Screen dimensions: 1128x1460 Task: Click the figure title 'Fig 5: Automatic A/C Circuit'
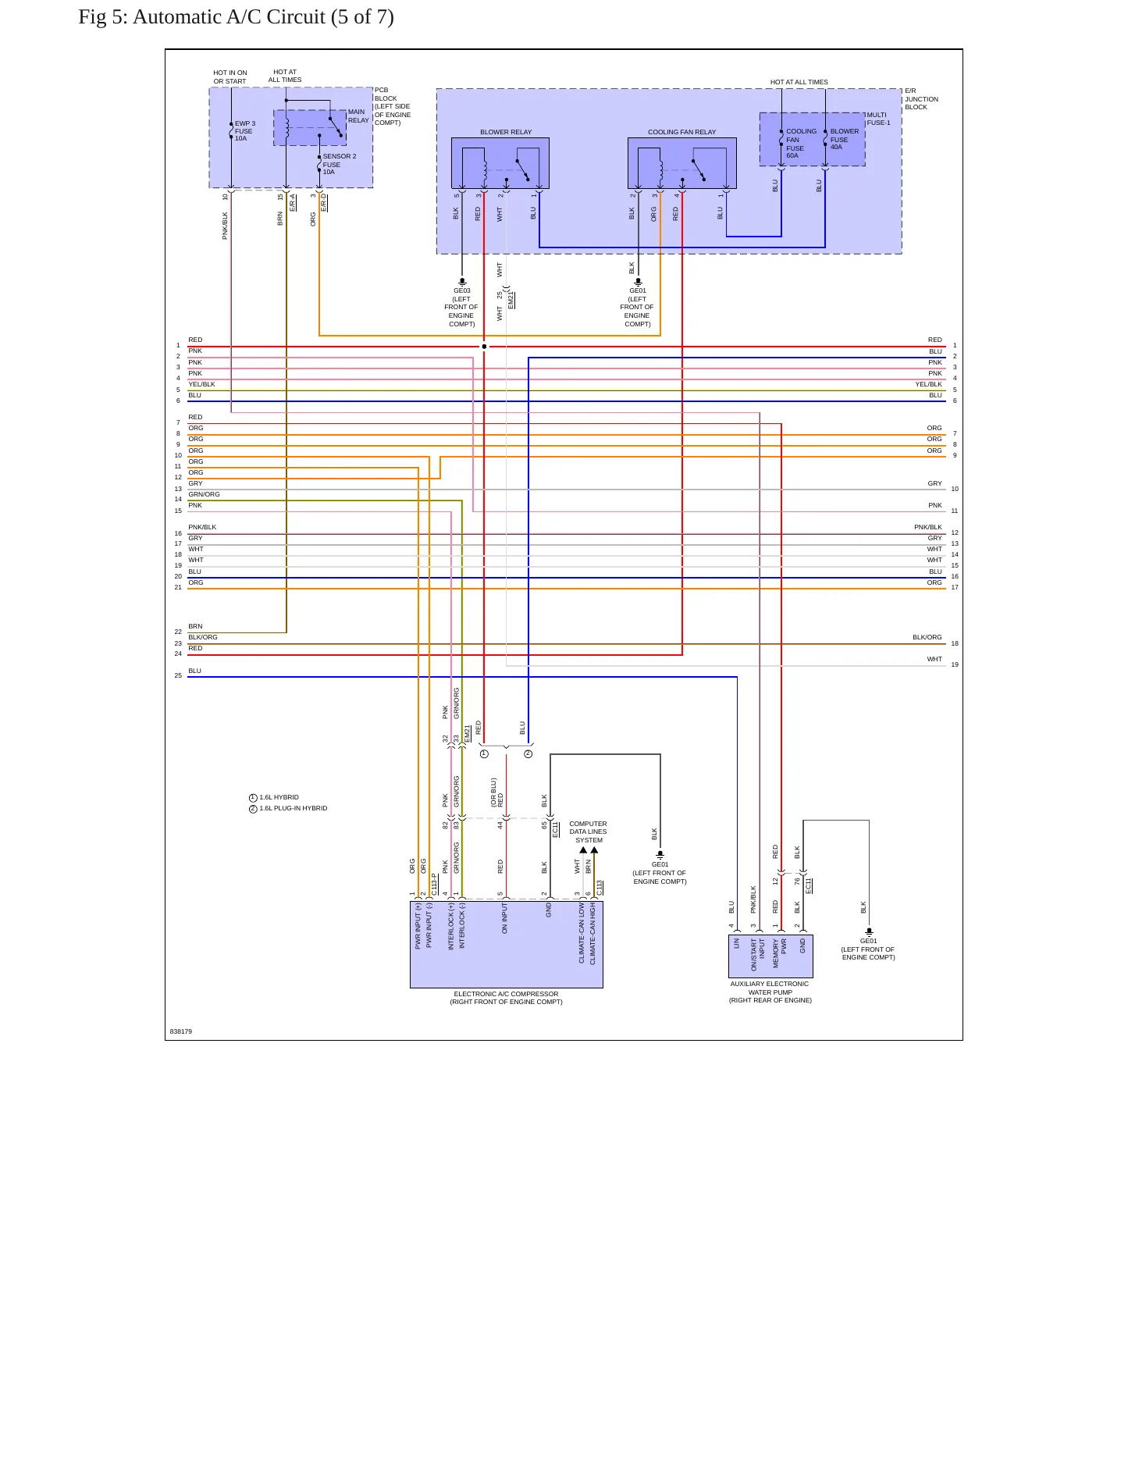(x=201, y=17)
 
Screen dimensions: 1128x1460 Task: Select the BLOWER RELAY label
(x=506, y=132)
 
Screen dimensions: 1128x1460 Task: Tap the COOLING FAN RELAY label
(x=681, y=132)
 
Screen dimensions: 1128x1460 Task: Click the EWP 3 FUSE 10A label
(x=245, y=131)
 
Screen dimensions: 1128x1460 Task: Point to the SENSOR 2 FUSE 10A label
(x=340, y=164)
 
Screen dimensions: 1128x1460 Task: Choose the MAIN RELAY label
(x=358, y=116)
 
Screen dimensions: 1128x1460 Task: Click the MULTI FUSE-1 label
(x=878, y=119)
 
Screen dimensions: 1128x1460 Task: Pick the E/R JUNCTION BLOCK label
(x=921, y=99)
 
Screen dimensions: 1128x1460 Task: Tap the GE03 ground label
(x=461, y=307)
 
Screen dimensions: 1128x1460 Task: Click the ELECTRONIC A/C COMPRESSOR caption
(x=506, y=998)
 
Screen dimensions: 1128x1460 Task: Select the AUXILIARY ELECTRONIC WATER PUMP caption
(x=770, y=992)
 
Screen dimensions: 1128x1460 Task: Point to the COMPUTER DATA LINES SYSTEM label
(x=588, y=831)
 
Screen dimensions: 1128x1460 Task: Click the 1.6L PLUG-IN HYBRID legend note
(x=288, y=809)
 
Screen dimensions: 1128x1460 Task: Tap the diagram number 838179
(x=181, y=1031)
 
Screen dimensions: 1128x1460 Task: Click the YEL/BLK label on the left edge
(x=201, y=384)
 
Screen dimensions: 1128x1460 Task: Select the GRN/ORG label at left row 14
(x=204, y=494)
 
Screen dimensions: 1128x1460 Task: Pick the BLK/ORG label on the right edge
(x=927, y=637)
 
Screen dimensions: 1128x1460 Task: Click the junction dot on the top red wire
(x=484, y=347)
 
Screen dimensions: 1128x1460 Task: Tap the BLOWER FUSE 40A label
(x=844, y=139)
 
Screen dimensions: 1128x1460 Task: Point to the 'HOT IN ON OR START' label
(x=230, y=77)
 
